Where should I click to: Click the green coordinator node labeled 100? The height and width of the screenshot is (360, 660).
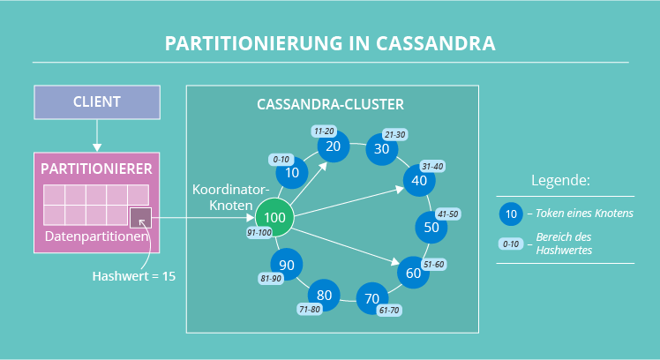(274, 216)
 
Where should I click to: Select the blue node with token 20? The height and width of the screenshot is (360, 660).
(333, 146)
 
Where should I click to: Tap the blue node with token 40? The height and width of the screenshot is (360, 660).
(419, 180)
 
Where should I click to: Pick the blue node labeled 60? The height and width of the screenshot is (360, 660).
(412, 273)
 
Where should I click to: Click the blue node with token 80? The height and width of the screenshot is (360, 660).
(324, 294)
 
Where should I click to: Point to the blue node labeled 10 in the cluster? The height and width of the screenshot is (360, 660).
(293, 172)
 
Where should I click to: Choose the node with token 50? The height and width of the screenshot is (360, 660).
(431, 227)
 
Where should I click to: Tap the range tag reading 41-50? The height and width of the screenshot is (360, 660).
(446, 214)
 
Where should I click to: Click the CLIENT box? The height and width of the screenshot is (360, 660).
(97, 101)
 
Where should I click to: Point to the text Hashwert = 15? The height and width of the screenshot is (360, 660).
(134, 276)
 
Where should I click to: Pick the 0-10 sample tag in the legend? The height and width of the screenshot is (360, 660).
(511, 244)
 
